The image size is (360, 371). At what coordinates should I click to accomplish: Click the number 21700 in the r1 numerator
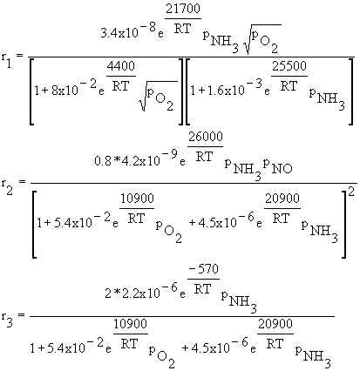click(183, 9)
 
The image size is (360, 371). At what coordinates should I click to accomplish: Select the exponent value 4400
click(121, 66)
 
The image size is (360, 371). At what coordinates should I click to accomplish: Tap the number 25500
click(289, 66)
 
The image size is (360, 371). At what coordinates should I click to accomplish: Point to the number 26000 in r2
click(206, 137)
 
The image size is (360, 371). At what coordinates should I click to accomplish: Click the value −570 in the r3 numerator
click(203, 269)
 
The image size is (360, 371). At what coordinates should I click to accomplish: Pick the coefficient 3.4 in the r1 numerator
click(106, 34)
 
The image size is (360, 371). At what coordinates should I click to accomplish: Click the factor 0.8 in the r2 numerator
click(102, 161)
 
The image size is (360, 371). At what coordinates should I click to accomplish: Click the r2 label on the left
click(6, 186)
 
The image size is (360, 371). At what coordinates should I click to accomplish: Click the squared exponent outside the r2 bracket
click(351, 193)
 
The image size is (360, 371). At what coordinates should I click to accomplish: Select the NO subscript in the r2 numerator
click(282, 169)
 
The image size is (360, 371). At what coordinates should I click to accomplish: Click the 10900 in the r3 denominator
click(130, 324)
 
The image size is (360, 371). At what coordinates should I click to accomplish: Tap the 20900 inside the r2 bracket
click(282, 199)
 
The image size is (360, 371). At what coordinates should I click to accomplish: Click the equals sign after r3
click(21, 314)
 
